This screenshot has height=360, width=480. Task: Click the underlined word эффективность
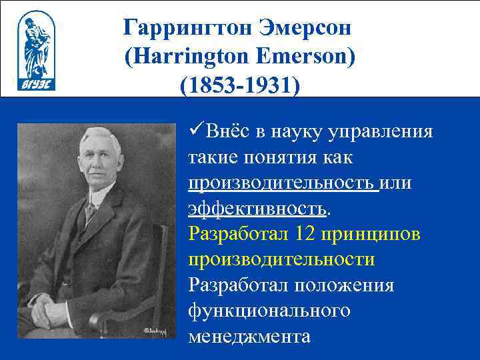(258, 208)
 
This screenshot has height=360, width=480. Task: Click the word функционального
(269, 311)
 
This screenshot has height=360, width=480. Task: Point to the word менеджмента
(249, 336)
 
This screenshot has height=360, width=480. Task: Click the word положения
(349, 285)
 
